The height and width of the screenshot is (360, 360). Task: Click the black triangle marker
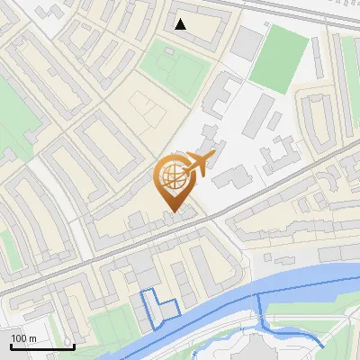pyautogui.click(x=181, y=24)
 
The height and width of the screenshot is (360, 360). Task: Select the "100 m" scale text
pyautogui.click(x=24, y=338)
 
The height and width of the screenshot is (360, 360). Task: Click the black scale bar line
pyautogui.click(x=42, y=346)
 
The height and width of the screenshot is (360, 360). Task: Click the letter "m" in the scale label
pyautogui.click(x=32, y=338)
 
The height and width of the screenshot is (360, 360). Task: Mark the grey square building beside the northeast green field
pyautogui.click(x=247, y=40)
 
